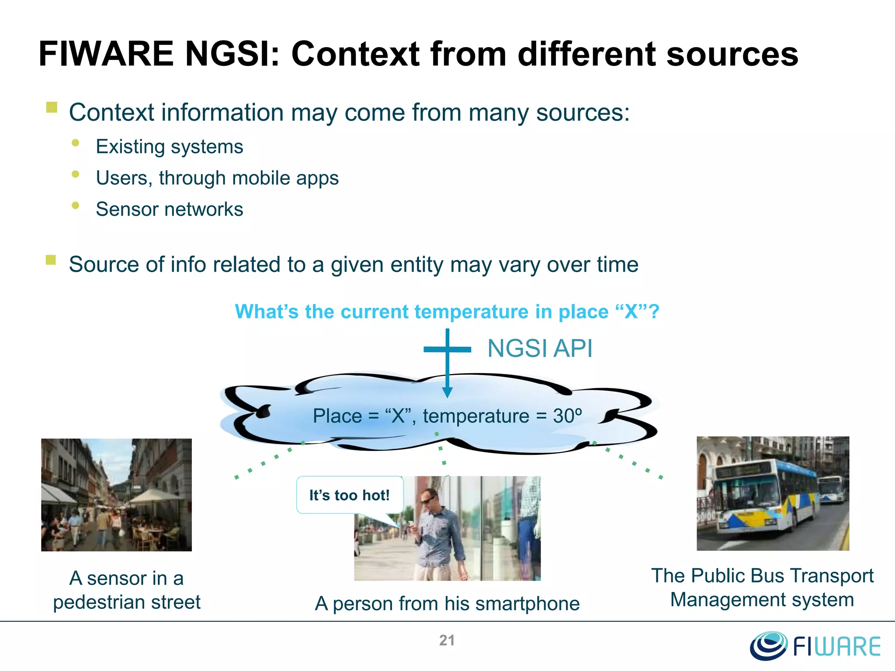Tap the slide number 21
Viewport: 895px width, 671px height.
tap(447, 640)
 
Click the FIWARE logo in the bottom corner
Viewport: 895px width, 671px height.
tap(815, 646)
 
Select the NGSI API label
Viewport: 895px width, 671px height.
tap(540, 349)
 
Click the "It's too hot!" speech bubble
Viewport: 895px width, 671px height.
tap(349, 495)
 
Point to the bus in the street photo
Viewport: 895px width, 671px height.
tap(765, 498)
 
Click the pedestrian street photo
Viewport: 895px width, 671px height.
tap(116, 495)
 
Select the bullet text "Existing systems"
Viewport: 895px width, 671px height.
tap(169, 147)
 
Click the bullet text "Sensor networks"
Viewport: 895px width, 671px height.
tap(169, 209)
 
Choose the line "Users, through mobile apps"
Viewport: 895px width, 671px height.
tap(217, 178)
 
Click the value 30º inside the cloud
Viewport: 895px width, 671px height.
tap(567, 416)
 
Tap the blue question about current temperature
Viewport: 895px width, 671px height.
tap(447, 312)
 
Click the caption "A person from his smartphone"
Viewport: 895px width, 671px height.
tap(447, 604)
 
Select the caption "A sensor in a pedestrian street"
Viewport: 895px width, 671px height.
tap(126, 590)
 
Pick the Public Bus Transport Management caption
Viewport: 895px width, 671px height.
tap(762, 588)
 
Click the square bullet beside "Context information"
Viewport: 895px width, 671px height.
tap(52, 107)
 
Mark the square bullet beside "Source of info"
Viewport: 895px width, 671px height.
tap(51, 260)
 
